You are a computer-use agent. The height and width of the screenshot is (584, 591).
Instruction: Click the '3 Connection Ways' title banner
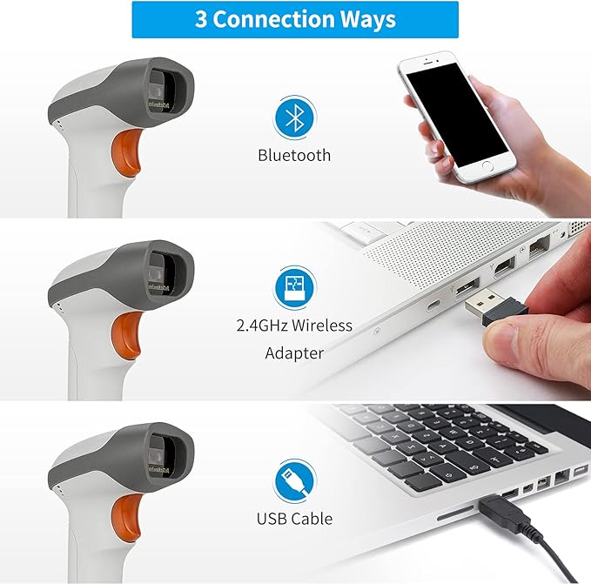click(x=295, y=19)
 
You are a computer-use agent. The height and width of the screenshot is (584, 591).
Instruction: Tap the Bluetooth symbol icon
click(x=294, y=118)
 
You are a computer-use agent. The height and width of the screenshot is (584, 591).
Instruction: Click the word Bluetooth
click(x=294, y=155)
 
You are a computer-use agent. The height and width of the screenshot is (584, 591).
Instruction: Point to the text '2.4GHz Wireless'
click(x=294, y=326)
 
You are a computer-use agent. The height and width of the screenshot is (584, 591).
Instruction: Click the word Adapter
click(x=294, y=353)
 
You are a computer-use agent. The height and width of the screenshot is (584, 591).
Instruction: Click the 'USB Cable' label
click(x=294, y=519)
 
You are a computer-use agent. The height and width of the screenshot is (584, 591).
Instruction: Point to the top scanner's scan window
click(x=166, y=91)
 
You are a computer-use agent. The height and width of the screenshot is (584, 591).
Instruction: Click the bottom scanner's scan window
click(x=166, y=450)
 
